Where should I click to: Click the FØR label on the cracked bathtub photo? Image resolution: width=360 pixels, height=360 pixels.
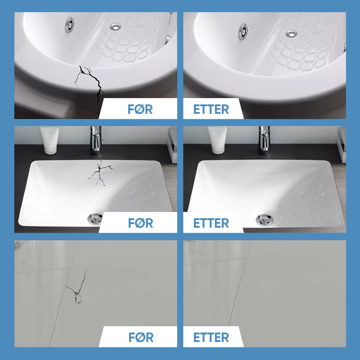pyautogui.click(x=140, y=109)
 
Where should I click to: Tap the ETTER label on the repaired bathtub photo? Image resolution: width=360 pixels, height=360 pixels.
pyautogui.click(x=211, y=109)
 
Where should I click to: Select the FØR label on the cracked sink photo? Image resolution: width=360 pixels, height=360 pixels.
pyautogui.click(x=140, y=223)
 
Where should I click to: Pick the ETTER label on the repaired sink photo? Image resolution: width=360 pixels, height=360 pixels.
pyautogui.click(x=211, y=223)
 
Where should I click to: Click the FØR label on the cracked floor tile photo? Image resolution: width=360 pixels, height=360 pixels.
pyautogui.click(x=141, y=337)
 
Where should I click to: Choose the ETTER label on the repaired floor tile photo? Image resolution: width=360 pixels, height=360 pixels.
pyautogui.click(x=211, y=337)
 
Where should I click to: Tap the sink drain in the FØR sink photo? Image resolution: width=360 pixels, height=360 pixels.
pyautogui.click(x=95, y=218)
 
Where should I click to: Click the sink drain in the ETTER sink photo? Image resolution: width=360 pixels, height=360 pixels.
pyautogui.click(x=265, y=220)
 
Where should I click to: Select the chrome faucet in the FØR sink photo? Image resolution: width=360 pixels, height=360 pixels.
pyautogui.click(x=95, y=139)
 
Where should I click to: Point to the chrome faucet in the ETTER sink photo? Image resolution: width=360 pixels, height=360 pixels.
pyautogui.click(x=265, y=139)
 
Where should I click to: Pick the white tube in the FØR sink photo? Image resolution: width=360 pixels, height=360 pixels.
pyautogui.click(x=49, y=140)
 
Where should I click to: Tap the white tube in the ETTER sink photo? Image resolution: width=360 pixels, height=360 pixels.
pyautogui.click(x=217, y=140)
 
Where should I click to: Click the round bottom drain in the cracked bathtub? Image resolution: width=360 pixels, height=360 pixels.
pyautogui.click(x=115, y=27)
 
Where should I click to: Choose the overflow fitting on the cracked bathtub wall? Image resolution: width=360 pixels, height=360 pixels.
pyautogui.click(x=70, y=25)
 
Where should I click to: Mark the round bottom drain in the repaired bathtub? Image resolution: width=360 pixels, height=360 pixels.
pyautogui.click(x=291, y=34)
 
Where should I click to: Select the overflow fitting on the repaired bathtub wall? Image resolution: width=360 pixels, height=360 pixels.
pyautogui.click(x=243, y=31)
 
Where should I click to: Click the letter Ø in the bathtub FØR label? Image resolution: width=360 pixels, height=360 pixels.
pyautogui.click(x=139, y=109)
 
